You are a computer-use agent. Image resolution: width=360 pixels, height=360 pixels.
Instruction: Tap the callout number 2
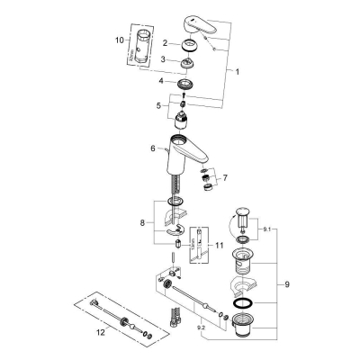pyautogui.click(x=165, y=42)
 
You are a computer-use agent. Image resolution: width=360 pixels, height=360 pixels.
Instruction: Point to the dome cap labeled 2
pyautogui.click(x=191, y=46)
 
